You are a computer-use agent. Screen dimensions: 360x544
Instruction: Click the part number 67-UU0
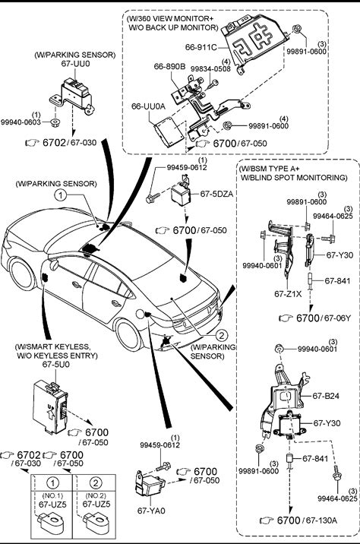[75, 64]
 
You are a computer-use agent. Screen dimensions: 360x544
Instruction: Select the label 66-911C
[201, 47]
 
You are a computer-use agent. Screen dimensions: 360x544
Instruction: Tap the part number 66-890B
[169, 66]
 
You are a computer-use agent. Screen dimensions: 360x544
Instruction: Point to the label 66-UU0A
[148, 106]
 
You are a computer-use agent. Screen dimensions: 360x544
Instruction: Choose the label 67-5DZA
[216, 194]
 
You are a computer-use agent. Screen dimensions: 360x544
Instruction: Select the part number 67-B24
[326, 396]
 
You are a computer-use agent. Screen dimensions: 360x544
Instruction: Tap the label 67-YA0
[151, 511]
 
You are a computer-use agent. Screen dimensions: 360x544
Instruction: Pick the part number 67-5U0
[56, 364]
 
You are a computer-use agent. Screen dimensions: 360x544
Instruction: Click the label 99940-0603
[21, 122]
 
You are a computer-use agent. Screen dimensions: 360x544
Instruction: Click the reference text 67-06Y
[337, 318]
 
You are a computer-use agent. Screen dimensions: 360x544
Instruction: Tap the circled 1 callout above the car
[61, 195]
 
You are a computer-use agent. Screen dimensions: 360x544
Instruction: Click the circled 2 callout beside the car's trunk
[221, 335]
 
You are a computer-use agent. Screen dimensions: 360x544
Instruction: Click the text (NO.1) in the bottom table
[52, 495]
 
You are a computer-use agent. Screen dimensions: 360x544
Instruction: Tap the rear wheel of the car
[128, 335]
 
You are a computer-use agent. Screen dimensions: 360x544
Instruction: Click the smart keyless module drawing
[50, 406]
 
